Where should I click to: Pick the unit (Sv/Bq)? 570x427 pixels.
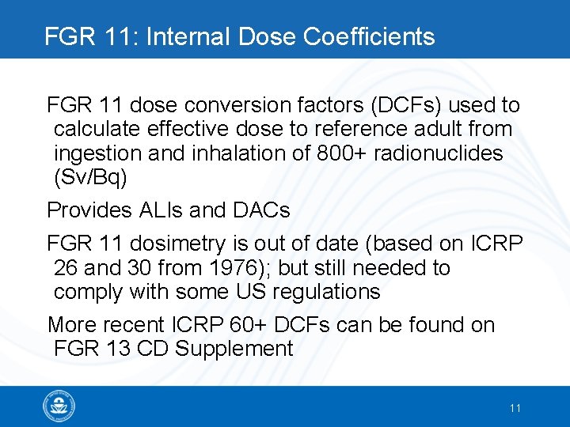[89, 177]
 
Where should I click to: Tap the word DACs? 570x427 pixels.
[262, 210]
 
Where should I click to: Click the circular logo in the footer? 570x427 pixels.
[59, 406]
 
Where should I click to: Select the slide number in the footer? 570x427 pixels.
[515, 408]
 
